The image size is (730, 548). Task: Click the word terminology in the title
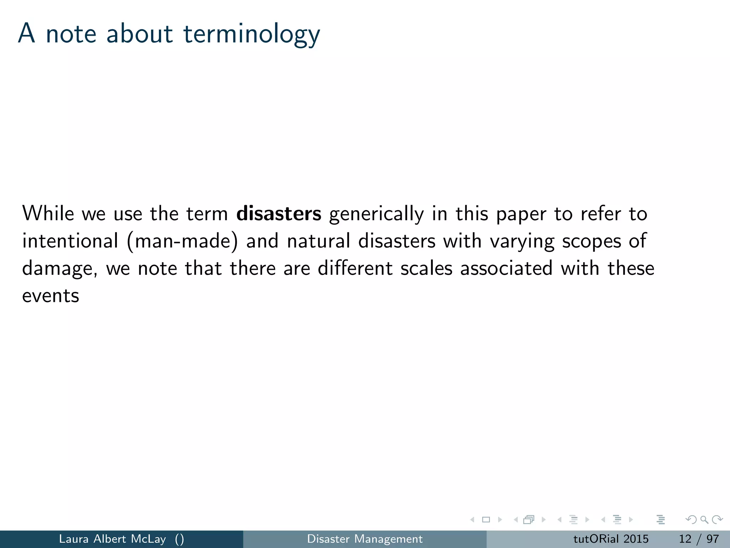[252, 35]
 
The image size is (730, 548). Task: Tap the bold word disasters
[279, 214]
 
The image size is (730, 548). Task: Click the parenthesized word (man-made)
[182, 241]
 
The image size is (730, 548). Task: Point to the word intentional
[70, 241]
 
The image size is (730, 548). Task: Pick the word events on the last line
[51, 296]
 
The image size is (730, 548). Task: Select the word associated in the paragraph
[506, 268]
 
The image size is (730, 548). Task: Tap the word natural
[319, 241]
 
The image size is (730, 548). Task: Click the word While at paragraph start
[48, 214]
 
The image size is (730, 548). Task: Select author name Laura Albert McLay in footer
[112, 539]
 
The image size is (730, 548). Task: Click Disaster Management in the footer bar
[365, 539]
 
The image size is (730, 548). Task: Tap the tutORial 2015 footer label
[611, 539]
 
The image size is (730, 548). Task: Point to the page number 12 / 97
[699, 539]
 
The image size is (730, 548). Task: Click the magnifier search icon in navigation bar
[704, 520]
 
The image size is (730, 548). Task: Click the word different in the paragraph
[355, 268]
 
